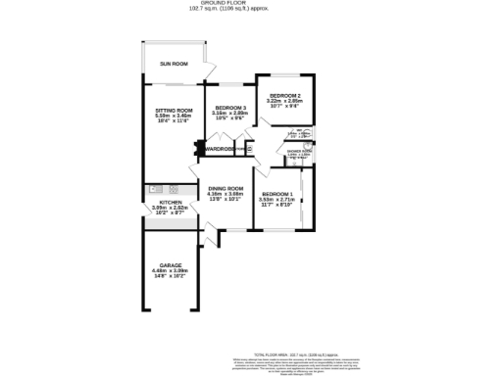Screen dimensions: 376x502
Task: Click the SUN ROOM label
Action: pos(174,64)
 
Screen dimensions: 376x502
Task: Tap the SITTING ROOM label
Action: pos(174,111)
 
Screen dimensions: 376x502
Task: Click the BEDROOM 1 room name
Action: pos(277,194)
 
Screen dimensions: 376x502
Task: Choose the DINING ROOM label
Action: pos(225,188)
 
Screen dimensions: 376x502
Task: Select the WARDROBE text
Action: pos(221,149)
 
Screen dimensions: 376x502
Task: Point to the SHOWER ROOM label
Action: pos(299,151)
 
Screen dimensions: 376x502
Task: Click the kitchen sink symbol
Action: pos(155,189)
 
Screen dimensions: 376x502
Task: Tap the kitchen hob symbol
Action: pos(175,189)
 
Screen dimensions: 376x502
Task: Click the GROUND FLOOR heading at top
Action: pos(222,3)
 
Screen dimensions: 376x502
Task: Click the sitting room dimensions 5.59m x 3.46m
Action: pos(174,117)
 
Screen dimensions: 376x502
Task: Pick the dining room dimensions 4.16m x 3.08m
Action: pos(225,194)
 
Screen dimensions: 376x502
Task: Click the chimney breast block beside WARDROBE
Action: pos(200,149)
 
